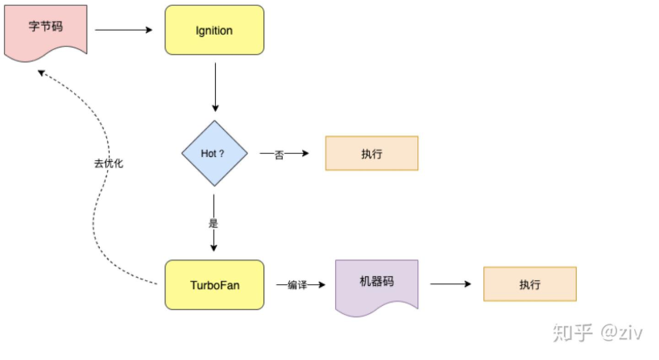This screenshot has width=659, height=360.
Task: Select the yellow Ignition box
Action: (x=214, y=31)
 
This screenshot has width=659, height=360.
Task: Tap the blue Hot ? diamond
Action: (x=214, y=153)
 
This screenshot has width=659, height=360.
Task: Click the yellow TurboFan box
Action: (x=214, y=284)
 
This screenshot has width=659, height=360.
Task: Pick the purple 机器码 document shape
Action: (x=377, y=284)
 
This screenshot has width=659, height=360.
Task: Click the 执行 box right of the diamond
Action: (x=371, y=153)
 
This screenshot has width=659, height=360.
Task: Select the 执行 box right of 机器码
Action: (x=529, y=284)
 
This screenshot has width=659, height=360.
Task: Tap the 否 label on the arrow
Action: (x=279, y=154)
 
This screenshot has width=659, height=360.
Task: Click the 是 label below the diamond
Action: (x=213, y=223)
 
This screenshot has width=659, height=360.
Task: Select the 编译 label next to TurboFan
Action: (x=296, y=285)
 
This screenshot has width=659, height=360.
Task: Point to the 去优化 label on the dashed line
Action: (x=109, y=163)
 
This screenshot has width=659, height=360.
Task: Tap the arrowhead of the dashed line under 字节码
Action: (x=40, y=73)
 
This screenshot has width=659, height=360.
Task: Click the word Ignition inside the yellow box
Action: (x=214, y=31)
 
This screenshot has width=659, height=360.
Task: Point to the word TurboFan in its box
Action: (x=214, y=284)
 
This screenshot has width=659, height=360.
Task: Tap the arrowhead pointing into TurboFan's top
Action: (x=214, y=248)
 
